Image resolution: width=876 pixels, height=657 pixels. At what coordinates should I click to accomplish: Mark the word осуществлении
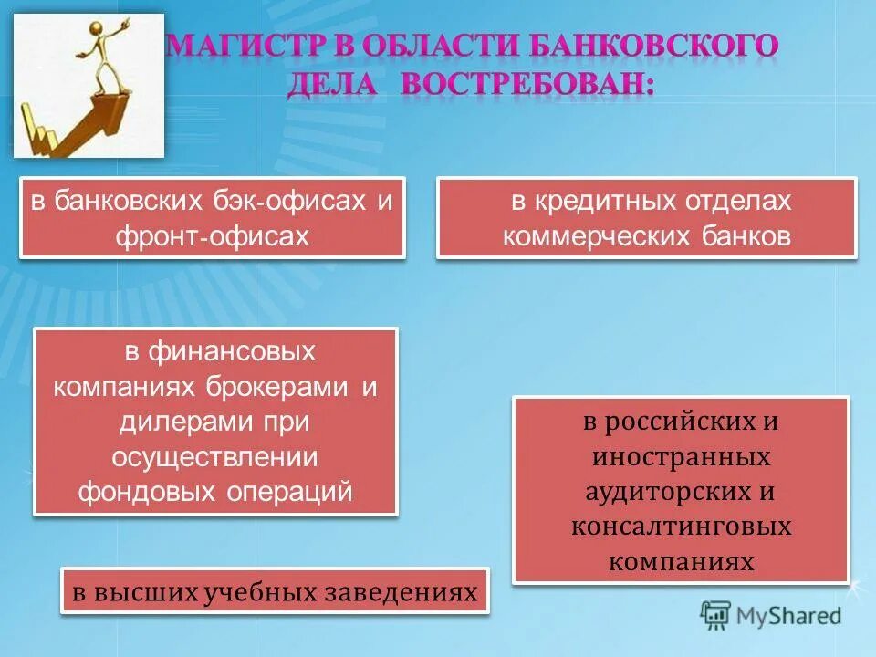pyautogui.click(x=215, y=457)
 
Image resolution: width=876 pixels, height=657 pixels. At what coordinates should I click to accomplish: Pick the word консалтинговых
pyautogui.click(x=681, y=527)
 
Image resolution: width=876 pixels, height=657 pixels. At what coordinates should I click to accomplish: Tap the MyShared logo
pyautogui.click(x=772, y=615)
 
